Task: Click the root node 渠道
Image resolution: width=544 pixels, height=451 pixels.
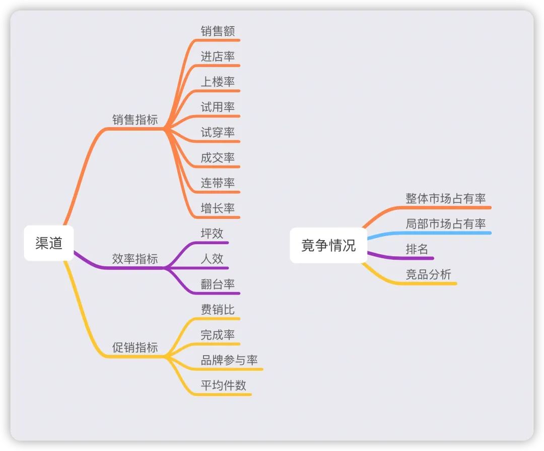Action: (48, 243)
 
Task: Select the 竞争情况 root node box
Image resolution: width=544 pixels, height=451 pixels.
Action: (328, 245)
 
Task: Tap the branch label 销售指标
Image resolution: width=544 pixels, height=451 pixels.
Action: (135, 120)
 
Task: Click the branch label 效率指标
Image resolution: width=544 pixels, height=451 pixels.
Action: (135, 258)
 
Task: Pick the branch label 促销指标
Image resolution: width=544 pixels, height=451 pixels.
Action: (135, 347)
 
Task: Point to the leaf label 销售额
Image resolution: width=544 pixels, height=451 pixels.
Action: (218, 31)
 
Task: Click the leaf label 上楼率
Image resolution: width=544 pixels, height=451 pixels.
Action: (218, 82)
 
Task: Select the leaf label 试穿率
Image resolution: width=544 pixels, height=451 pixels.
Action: (218, 132)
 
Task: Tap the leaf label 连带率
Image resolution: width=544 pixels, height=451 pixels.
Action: (218, 183)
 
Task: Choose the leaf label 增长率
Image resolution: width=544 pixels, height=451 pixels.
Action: (218, 208)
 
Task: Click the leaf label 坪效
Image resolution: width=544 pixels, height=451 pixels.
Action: (212, 233)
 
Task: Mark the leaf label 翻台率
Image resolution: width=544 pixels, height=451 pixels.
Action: (218, 284)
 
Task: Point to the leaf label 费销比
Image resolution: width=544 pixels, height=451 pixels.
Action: (218, 309)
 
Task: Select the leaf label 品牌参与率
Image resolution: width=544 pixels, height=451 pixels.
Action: (229, 360)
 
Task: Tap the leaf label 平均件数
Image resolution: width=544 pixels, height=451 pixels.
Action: (224, 385)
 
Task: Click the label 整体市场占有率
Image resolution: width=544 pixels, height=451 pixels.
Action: (446, 198)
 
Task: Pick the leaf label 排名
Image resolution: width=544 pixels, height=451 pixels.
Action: (417, 249)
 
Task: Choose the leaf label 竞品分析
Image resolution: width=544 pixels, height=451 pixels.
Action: (429, 274)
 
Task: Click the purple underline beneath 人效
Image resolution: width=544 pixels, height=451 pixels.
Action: (196, 268)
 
